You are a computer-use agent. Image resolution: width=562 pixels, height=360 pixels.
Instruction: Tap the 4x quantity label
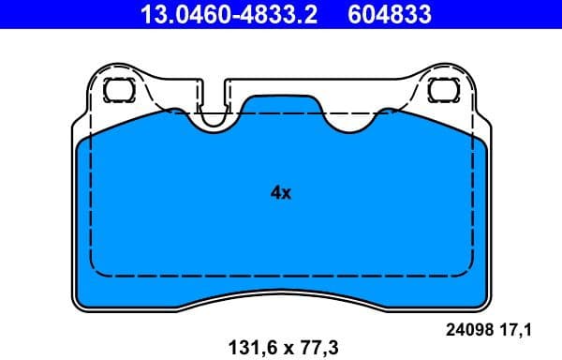click(x=281, y=193)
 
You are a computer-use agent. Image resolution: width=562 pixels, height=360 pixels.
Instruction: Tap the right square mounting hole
click(x=441, y=91)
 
